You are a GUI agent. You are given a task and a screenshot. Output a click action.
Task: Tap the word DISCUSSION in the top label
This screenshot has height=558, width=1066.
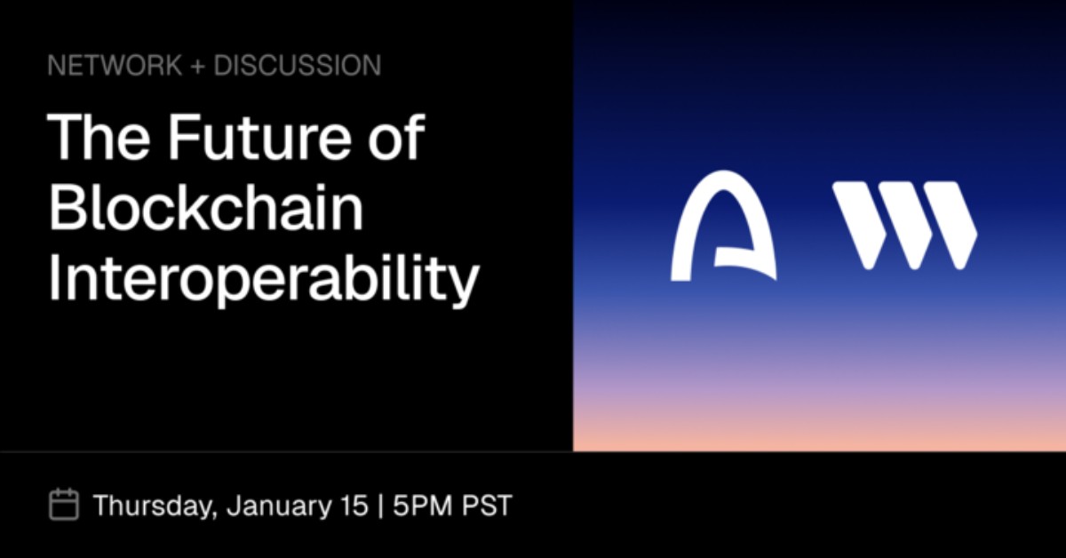[x=297, y=65]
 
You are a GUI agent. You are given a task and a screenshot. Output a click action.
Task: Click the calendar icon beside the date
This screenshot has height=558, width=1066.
[x=64, y=505]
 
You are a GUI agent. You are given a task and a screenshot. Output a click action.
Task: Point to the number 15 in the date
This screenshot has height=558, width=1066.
[x=353, y=506]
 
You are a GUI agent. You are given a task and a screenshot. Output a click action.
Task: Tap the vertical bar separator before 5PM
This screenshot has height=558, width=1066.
[x=381, y=506]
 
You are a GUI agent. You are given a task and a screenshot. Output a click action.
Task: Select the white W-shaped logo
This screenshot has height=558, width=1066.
[x=904, y=225]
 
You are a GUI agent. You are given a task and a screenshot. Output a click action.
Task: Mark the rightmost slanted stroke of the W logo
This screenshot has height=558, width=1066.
[x=952, y=225]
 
